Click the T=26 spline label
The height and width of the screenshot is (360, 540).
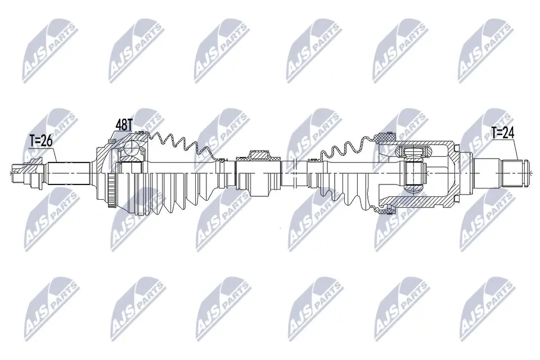(40, 141)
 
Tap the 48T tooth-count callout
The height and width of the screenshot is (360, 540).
(124, 125)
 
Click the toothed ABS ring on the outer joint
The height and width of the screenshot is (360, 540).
(111, 191)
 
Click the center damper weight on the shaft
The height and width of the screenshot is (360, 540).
(259, 173)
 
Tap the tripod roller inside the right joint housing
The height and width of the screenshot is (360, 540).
(413, 169)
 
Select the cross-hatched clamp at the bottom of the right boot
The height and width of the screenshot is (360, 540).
(386, 209)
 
